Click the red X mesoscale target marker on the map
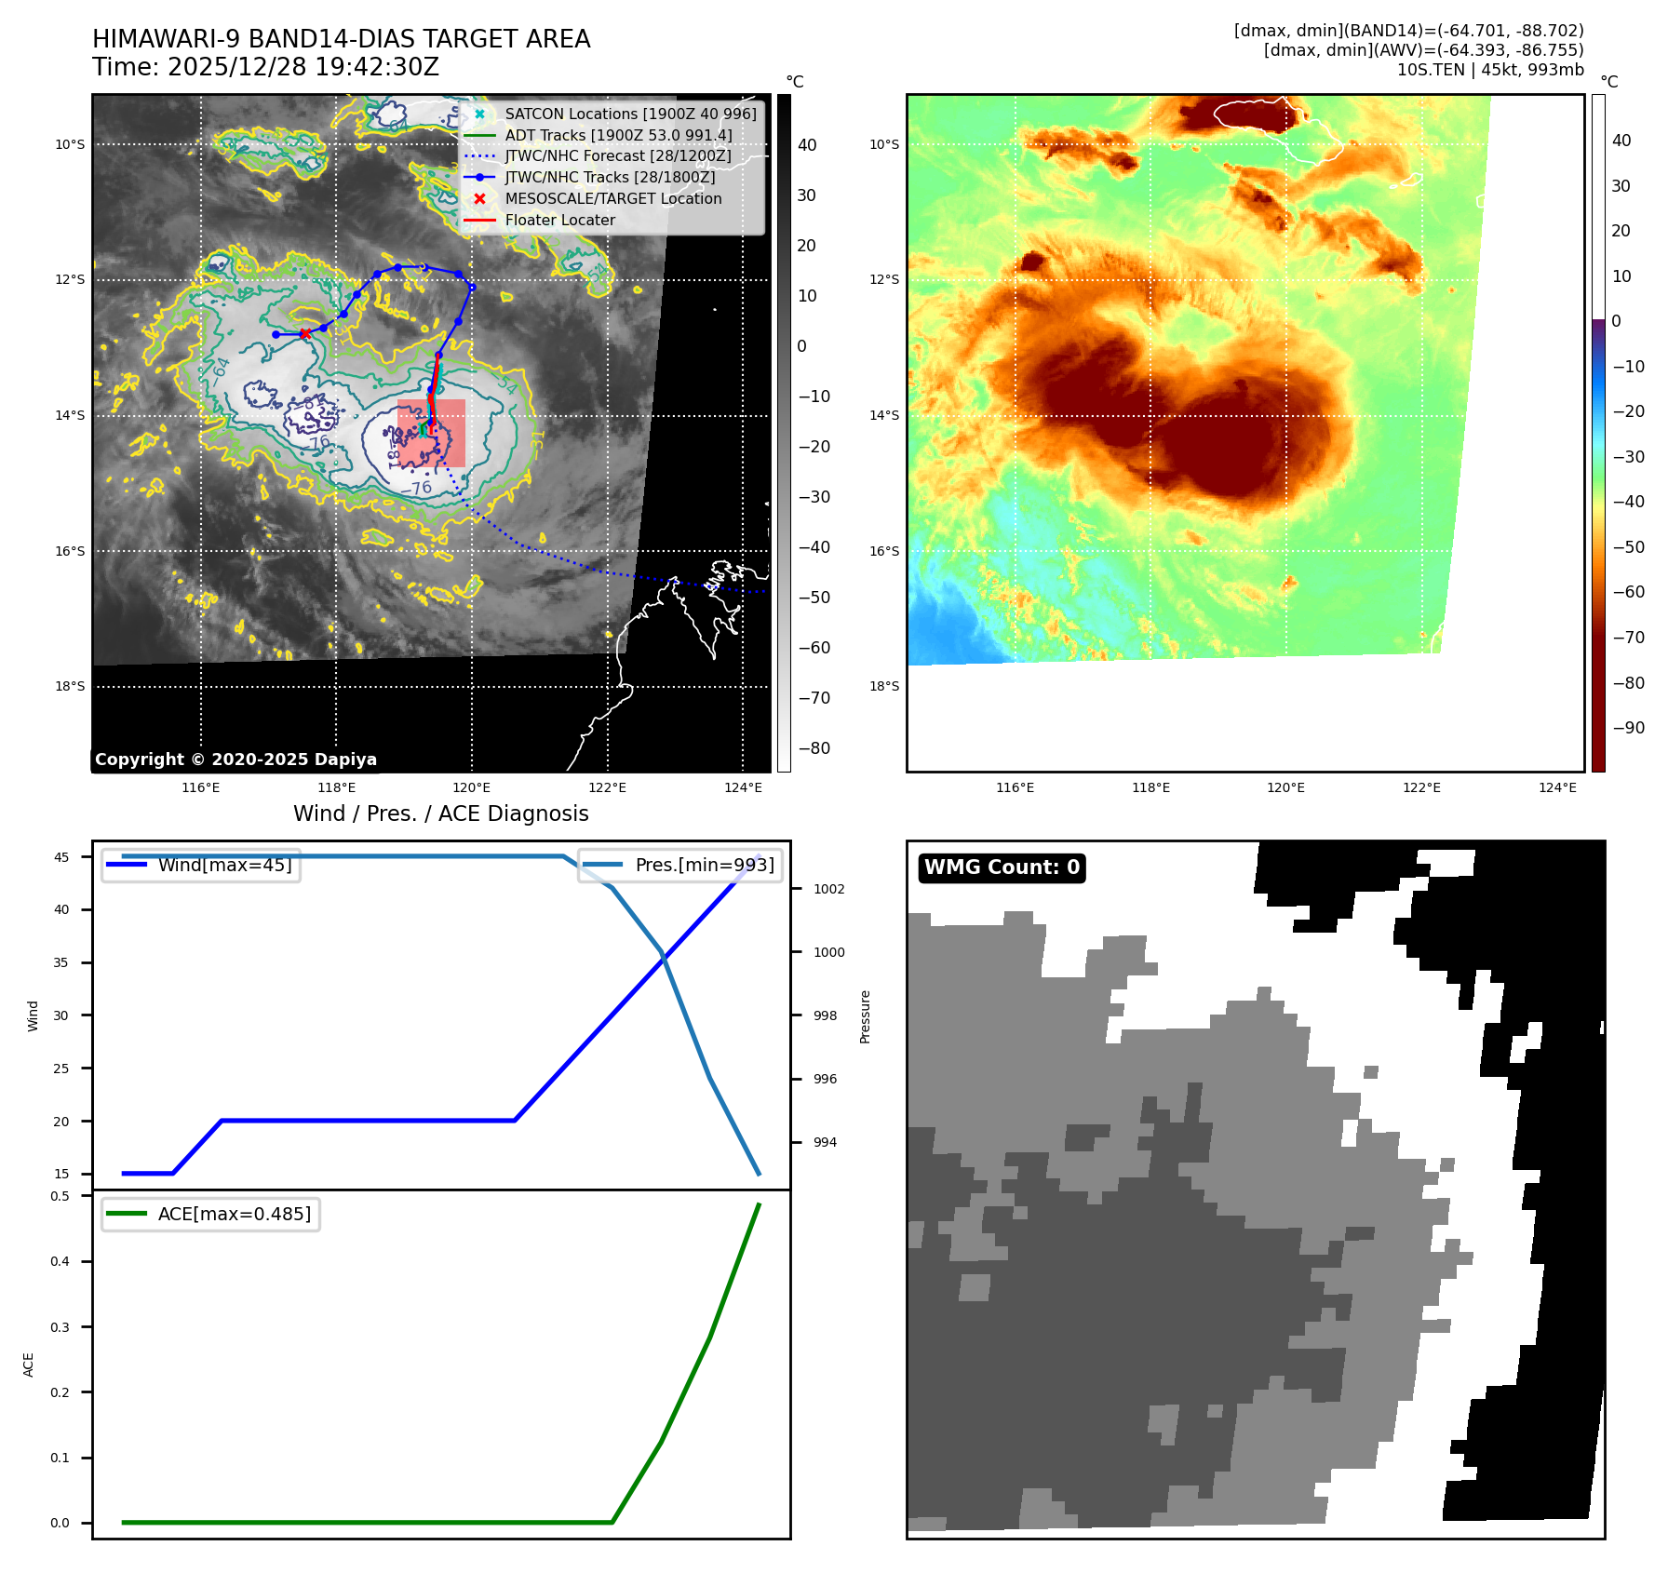click(x=305, y=333)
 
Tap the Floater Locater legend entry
click(x=559, y=220)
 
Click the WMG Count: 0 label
click(x=1002, y=867)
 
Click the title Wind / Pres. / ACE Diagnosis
click(x=441, y=813)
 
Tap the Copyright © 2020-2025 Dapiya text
click(x=235, y=760)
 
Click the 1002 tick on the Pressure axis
click(x=828, y=889)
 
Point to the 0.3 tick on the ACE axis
click(x=61, y=1327)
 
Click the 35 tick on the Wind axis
click(x=61, y=962)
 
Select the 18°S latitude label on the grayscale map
click(x=70, y=687)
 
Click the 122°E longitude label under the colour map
click(x=1421, y=787)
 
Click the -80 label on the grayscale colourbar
click(x=814, y=748)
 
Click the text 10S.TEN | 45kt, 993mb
click(x=1489, y=70)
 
